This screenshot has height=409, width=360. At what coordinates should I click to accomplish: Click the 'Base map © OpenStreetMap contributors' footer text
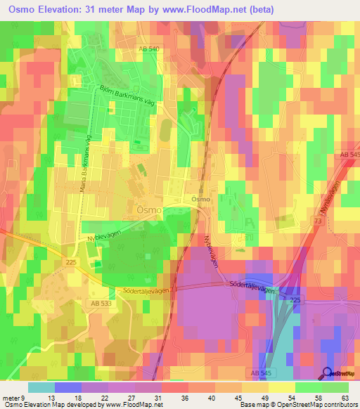tap(297, 405)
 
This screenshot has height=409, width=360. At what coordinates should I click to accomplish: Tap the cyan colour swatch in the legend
tap(41, 387)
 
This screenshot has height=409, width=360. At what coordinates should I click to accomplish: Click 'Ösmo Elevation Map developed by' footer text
tap(51, 405)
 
